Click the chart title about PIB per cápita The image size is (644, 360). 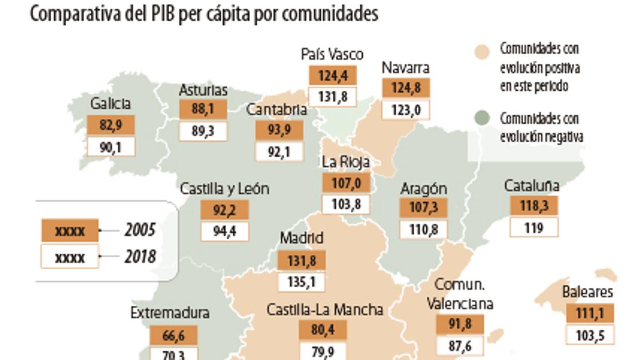204,14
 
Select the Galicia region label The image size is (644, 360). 110,104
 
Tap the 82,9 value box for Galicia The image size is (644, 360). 110,125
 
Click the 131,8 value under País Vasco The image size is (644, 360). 332,97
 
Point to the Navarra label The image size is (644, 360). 406,68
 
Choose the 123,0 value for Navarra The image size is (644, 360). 406,110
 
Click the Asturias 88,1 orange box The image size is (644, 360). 203,110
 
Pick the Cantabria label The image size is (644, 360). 277,109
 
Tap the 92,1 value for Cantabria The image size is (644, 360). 279,152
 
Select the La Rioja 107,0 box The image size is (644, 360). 346,183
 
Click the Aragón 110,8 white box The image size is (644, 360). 424,229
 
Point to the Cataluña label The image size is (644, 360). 532,185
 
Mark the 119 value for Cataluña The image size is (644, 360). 534,227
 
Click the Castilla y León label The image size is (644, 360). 224,189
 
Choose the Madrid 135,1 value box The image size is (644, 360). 301,282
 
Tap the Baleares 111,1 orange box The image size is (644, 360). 590,314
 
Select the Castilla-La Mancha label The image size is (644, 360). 325,309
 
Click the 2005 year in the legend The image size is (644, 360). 139,230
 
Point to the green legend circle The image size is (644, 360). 481,119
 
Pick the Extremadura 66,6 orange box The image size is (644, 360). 173,336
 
